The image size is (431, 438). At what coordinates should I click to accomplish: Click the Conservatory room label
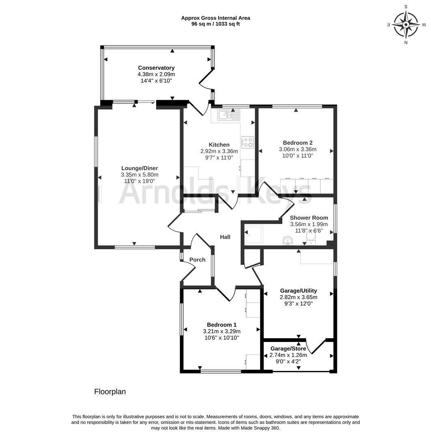(156, 68)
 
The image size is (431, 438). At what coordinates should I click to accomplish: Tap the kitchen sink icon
(229, 115)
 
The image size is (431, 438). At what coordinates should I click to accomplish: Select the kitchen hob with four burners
(247, 142)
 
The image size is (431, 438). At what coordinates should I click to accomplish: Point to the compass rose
(406, 25)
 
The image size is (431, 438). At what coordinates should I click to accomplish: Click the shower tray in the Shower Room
(254, 235)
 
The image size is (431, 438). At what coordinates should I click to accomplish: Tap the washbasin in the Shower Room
(288, 241)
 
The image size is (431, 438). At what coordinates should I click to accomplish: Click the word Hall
(225, 237)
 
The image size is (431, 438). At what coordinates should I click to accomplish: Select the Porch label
(197, 260)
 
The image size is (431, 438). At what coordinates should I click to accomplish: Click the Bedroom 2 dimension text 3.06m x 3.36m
(298, 149)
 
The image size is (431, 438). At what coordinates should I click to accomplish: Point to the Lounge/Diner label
(139, 168)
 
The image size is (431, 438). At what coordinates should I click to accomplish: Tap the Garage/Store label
(288, 349)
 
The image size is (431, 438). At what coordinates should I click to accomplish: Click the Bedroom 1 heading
(222, 325)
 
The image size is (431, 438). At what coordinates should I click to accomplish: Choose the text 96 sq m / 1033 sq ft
(215, 24)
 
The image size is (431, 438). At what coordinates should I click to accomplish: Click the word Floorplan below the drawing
(110, 392)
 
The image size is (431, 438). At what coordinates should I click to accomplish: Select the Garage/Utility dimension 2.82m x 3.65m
(298, 297)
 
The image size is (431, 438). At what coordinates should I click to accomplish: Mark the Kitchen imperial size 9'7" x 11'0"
(219, 158)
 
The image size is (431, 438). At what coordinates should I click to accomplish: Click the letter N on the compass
(406, 43)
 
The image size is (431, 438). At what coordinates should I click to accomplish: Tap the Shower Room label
(309, 218)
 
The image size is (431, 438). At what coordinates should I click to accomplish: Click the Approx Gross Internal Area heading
(216, 18)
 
